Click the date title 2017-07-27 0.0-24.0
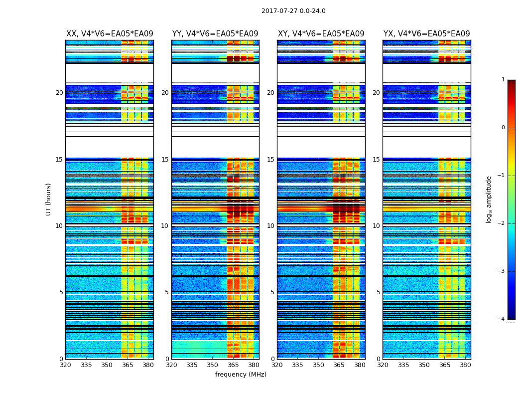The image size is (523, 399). pos(293,11)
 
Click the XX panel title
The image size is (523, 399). pos(110,34)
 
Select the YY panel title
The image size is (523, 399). pos(215,34)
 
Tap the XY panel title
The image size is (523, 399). pos(321,34)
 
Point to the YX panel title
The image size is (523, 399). pos(426,34)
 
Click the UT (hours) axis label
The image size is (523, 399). pos(49,199)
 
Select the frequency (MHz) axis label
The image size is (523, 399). pos(241,375)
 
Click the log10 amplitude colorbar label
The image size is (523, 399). pos(489,199)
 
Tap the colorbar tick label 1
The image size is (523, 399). pos(503,80)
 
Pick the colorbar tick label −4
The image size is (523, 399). pos(502,319)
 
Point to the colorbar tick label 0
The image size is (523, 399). pos(503,128)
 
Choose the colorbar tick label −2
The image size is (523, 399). pos(502,223)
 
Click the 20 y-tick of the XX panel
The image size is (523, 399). pos(59,93)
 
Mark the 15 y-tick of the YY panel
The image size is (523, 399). pos(165,160)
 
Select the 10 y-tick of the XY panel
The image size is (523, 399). pos(270,226)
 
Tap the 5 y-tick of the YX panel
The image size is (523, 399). pos(378,292)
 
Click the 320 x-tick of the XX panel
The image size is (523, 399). pos(65,365)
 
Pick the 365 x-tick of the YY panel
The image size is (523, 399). pos(233,365)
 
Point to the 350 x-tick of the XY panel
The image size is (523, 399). pos(318,365)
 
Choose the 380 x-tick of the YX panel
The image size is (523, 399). pos(465,365)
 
